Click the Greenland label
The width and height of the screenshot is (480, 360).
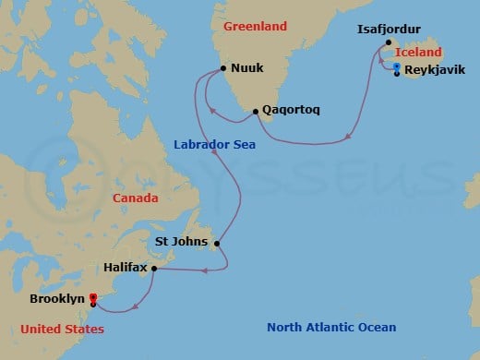(x=256, y=27)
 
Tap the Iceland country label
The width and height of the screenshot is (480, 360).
(x=420, y=54)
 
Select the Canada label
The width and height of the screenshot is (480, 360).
(x=135, y=198)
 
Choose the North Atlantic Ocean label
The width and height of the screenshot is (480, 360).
(x=331, y=327)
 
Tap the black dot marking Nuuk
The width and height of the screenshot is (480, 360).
(x=222, y=68)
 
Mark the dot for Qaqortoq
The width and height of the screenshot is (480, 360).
(x=256, y=112)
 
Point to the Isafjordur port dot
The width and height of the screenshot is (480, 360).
(x=389, y=43)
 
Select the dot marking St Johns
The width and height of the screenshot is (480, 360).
(x=217, y=244)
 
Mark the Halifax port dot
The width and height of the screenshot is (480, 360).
(x=153, y=269)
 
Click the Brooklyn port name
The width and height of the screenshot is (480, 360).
(x=56, y=299)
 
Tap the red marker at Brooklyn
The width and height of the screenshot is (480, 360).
(x=93, y=298)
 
